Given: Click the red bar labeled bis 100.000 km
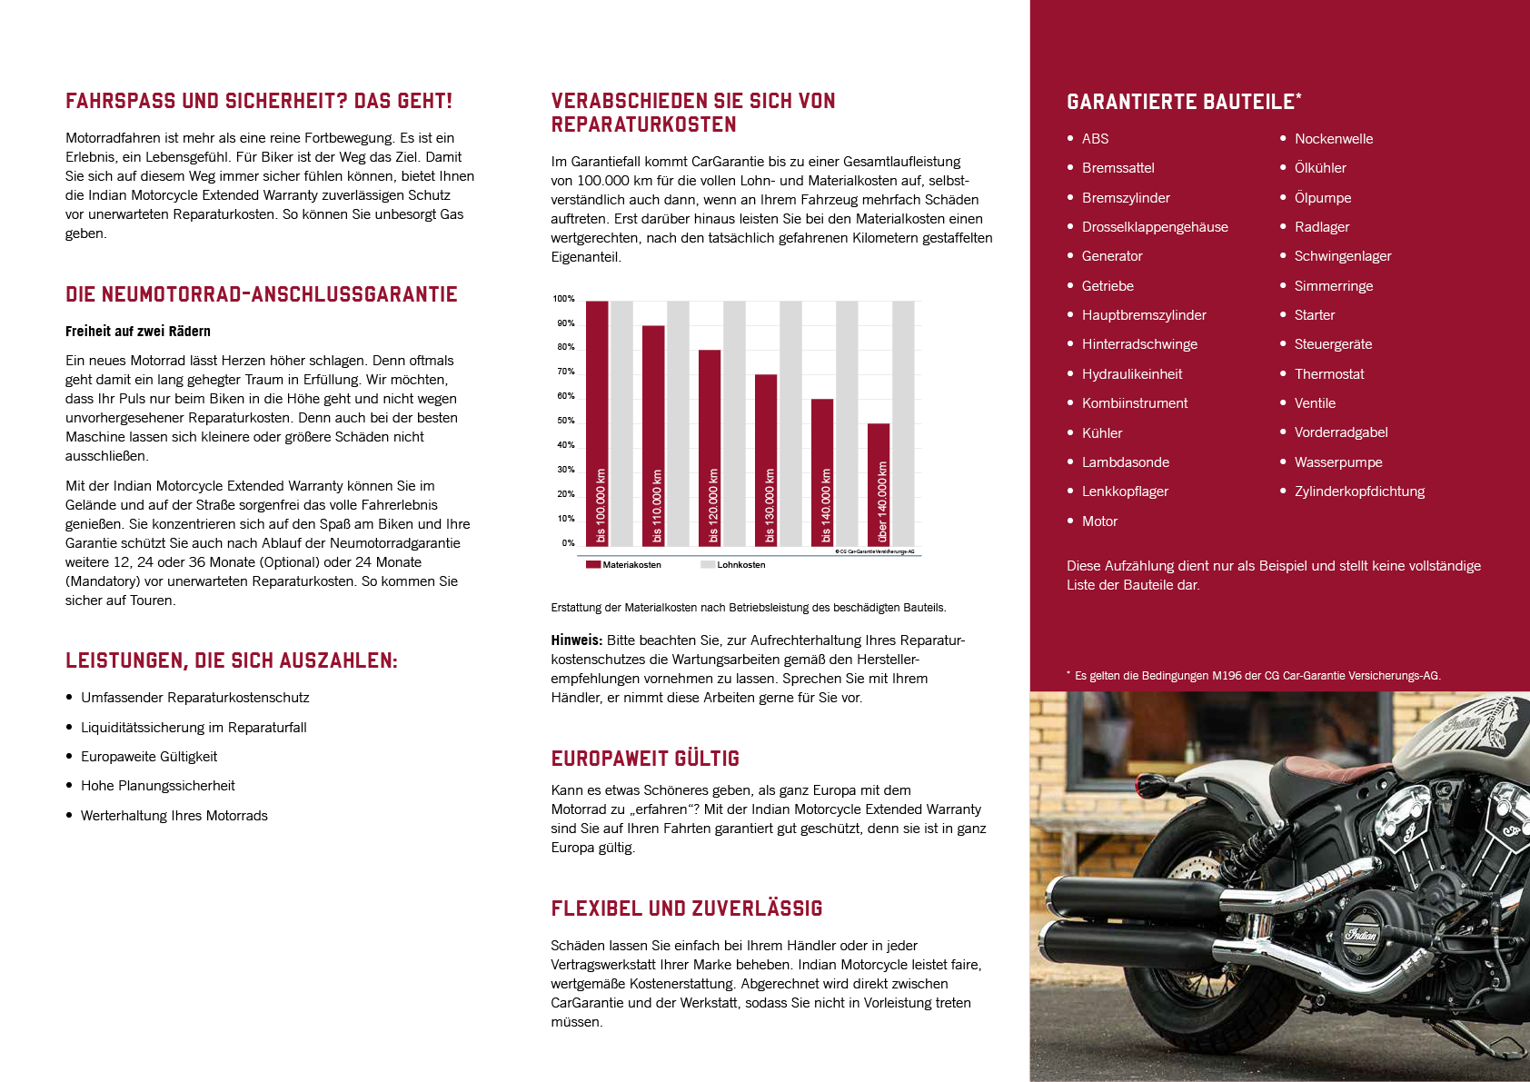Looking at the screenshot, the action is tap(597, 422).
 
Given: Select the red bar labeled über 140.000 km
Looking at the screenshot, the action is tap(879, 484).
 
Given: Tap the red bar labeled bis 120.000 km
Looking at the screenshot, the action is tap(710, 447).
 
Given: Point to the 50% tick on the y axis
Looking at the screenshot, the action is tap(565, 421).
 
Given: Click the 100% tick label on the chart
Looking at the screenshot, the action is tap(563, 299).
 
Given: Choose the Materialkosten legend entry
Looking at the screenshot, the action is tap(623, 565).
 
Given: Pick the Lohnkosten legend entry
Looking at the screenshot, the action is tap(733, 565).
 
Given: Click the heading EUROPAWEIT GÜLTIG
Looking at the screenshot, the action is tap(645, 759).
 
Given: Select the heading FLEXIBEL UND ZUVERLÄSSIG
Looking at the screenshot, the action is tap(687, 908).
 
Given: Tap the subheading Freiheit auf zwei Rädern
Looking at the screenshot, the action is tap(138, 332).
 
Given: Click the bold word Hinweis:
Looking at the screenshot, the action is tap(577, 640).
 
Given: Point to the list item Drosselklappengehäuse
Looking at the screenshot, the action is tap(1155, 227).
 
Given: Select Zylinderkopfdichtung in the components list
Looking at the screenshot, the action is tap(1359, 491).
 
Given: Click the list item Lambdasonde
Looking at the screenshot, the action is tap(1125, 462).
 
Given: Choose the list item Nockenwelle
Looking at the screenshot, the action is tap(1333, 139).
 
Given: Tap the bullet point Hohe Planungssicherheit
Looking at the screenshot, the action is tap(157, 786).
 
